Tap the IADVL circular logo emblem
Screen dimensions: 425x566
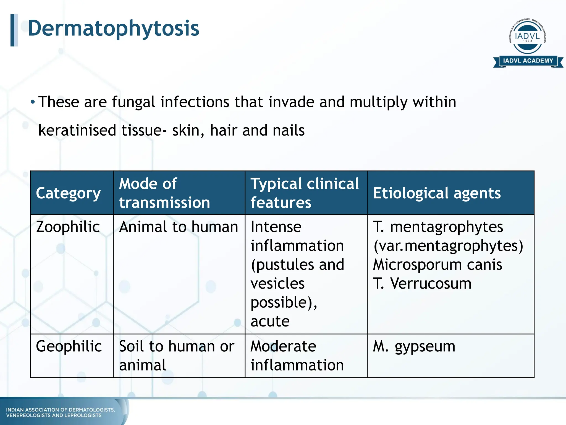(527, 36)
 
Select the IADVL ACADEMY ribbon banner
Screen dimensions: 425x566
(528, 61)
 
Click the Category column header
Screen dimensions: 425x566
(68, 193)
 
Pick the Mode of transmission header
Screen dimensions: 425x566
(164, 193)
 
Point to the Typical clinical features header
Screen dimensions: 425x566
(304, 193)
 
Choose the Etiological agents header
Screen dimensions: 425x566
(437, 193)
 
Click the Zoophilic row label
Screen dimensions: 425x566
(68, 227)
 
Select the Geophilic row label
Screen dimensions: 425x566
(69, 346)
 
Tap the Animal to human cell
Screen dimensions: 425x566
(179, 227)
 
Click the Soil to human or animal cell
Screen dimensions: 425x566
(176, 356)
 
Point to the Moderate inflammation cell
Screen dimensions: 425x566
(297, 356)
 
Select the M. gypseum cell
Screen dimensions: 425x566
(414, 346)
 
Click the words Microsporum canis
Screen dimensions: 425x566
(437, 265)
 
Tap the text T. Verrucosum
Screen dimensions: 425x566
(422, 284)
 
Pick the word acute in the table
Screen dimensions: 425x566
(270, 322)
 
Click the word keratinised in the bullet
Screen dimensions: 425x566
(77, 130)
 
